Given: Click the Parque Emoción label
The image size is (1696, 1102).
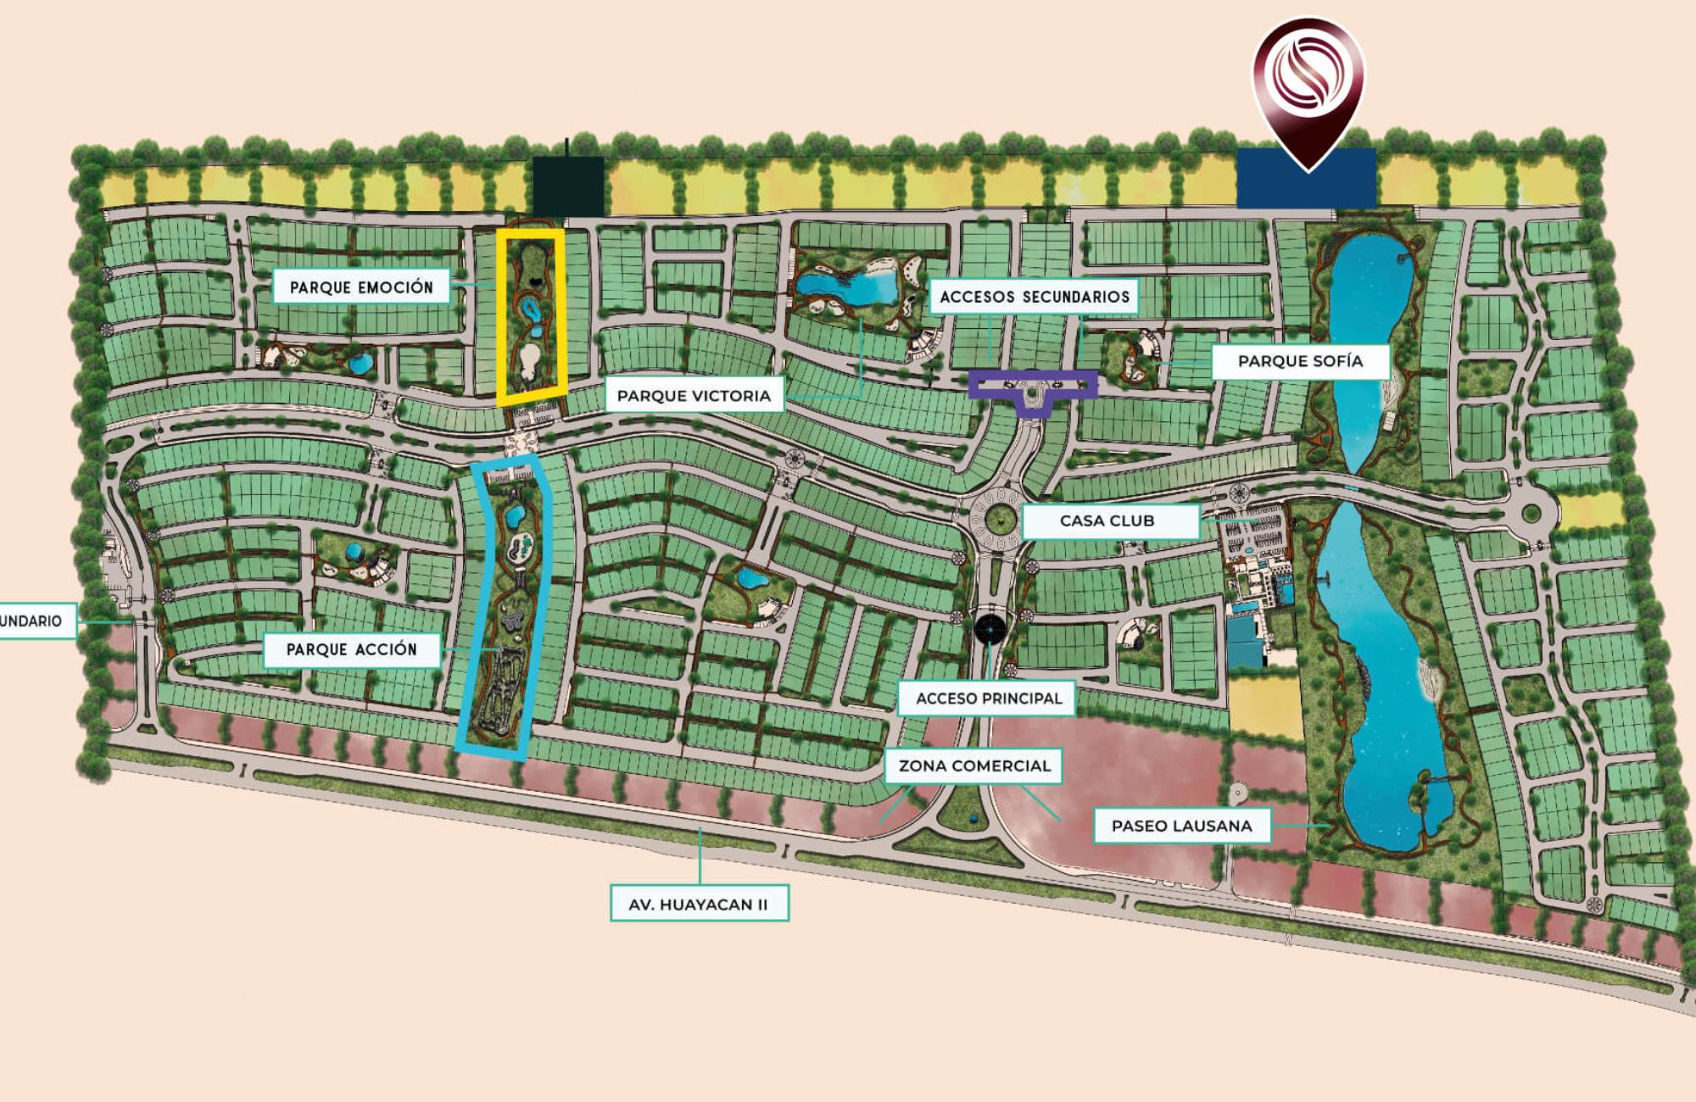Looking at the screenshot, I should pos(361,287).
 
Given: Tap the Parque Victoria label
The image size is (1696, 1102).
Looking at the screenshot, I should pos(694,396).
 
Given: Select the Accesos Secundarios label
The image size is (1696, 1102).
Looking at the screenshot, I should pos(1034,297).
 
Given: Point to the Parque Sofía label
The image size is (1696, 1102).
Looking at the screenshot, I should pos(1300,361).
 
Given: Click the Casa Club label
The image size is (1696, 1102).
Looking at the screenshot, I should pos(1107,521).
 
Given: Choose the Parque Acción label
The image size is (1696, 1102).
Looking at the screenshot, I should pos(351,649).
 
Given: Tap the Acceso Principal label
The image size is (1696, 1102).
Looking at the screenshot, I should pos(988,698).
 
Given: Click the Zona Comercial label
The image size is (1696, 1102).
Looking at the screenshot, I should pos(974,765).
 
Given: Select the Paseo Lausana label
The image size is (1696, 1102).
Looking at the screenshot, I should pos(1181,826).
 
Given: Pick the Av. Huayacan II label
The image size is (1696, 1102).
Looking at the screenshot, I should pos(698,904).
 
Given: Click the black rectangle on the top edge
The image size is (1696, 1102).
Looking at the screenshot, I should pos(568,186).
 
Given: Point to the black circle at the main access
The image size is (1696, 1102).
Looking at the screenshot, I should pos(990,629).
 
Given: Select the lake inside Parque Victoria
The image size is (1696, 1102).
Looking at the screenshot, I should pos(848,287).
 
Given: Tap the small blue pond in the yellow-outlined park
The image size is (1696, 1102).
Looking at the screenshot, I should pos(532,309).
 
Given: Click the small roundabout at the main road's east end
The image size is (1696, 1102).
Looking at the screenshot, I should pos(1531,511).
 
